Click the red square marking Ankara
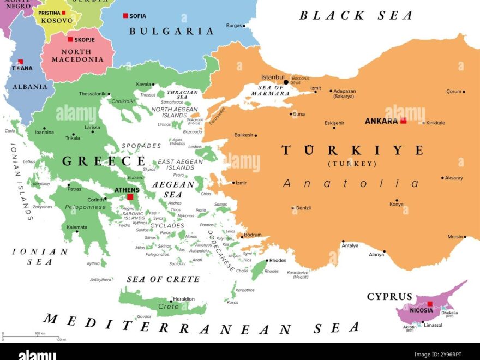(x=404, y=121)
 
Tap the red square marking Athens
(x=130, y=197)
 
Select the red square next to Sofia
(x=125, y=16)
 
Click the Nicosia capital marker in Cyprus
(x=430, y=304)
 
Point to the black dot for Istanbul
(x=286, y=82)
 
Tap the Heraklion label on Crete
(x=183, y=299)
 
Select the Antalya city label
(x=350, y=245)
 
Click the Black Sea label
(x=356, y=15)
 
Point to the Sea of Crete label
(x=163, y=279)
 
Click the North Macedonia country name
(x=77, y=56)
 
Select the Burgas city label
(x=233, y=26)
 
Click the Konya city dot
(x=397, y=200)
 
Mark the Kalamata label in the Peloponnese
(x=77, y=227)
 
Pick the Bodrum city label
(x=253, y=235)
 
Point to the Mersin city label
(x=454, y=237)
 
